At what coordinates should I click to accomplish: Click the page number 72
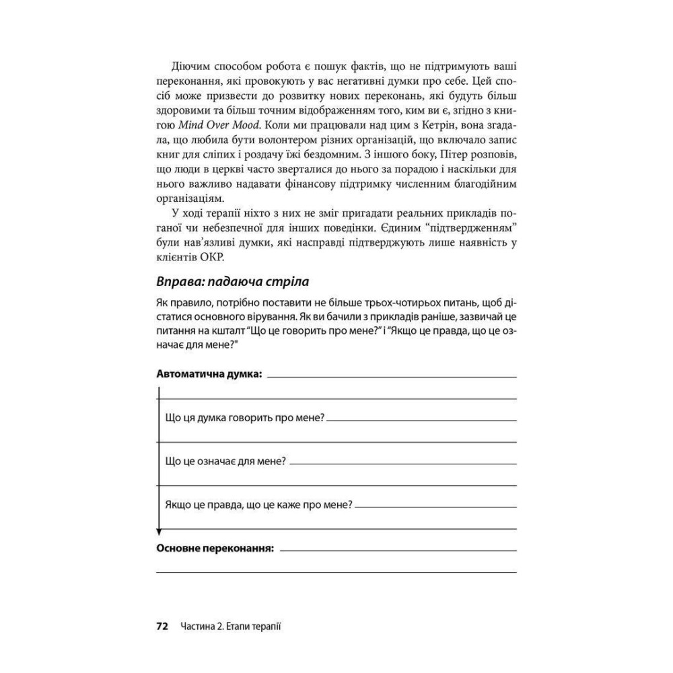162,626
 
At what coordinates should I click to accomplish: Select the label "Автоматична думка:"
209,374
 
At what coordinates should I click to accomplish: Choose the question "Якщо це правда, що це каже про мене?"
258,505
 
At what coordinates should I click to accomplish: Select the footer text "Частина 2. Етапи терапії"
230,626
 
